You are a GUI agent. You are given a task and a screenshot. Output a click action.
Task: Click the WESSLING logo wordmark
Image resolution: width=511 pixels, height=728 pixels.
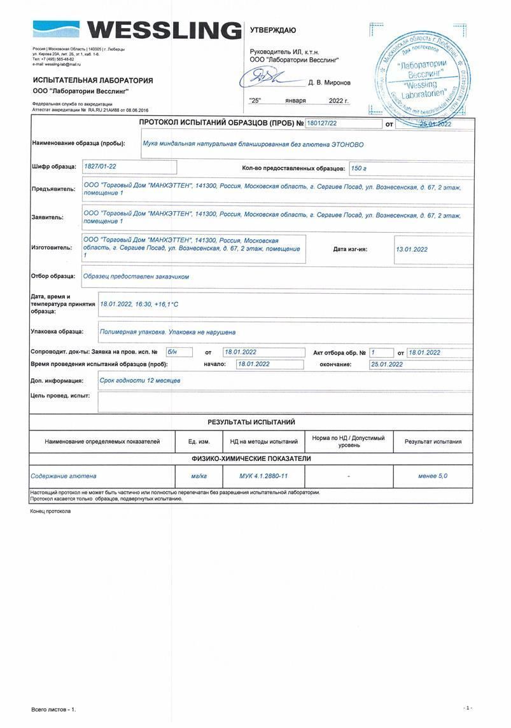pyautogui.click(x=164, y=31)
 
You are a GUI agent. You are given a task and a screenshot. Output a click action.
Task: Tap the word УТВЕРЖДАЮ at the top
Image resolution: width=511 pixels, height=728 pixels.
pyautogui.click(x=272, y=30)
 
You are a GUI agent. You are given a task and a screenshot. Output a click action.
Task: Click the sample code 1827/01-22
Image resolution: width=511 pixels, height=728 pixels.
pyautogui.click(x=101, y=167)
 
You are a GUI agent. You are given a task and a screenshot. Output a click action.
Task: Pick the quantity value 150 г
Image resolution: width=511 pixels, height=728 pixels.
pyautogui.click(x=359, y=168)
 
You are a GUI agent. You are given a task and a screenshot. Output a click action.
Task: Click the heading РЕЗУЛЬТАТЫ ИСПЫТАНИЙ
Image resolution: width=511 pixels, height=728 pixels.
pyautogui.click(x=251, y=422)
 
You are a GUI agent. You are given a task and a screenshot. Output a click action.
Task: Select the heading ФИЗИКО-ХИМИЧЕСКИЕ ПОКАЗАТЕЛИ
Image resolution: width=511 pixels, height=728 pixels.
pyautogui.click(x=251, y=458)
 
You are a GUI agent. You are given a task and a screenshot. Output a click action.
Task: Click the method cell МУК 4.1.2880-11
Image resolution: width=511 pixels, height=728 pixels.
pyautogui.click(x=263, y=476)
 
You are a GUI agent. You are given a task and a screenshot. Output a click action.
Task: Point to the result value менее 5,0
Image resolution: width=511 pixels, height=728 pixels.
pyautogui.click(x=433, y=476)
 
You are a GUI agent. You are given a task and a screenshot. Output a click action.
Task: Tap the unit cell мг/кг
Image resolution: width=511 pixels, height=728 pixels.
pyautogui.click(x=199, y=476)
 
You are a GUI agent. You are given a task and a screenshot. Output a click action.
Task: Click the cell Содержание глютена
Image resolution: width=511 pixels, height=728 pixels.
pyautogui.click(x=64, y=476)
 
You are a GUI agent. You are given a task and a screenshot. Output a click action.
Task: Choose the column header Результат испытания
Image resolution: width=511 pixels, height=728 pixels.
pyautogui.click(x=433, y=441)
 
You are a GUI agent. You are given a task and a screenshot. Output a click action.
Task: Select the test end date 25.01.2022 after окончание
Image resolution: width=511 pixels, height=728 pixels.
pyautogui.click(x=387, y=364)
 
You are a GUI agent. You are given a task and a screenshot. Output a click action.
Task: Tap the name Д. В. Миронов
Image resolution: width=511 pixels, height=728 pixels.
pyautogui.click(x=329, y=83)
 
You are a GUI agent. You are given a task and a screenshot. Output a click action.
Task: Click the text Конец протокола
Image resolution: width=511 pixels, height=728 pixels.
pyautogui.click(x=50, y=511)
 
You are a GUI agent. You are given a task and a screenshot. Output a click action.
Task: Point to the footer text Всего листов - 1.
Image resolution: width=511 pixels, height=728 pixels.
pyautogui.click(x=53, y=709)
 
